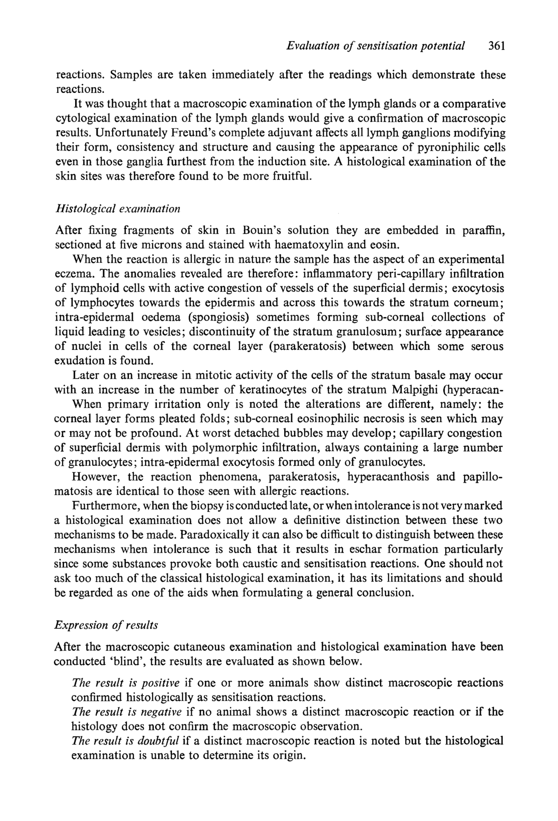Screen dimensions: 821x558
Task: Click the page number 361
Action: point(496,46)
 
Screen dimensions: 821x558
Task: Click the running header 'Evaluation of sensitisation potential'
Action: point(375,46)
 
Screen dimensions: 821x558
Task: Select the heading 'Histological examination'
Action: point(118,209)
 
